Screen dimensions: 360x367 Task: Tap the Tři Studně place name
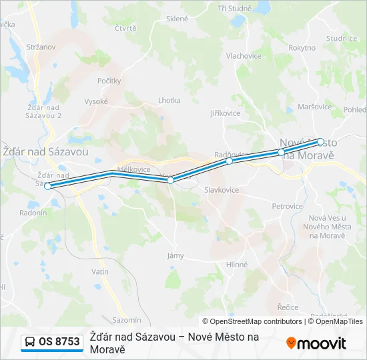(235, 8)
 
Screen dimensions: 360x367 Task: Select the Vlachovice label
(244, 56)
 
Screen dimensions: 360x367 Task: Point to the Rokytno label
(302, 47)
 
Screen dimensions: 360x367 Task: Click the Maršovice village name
(315, 107)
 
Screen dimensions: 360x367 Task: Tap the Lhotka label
(169, 101)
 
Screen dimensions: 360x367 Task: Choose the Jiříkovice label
(226, 113)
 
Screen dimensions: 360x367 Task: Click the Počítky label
(109, 81)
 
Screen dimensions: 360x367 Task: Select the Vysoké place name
(96, 101)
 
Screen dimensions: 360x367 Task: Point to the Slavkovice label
(222, 190)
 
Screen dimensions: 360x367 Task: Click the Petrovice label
(288, 207)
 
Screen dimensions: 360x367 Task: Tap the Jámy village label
(175, 255)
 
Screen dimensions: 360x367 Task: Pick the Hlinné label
(237, 265)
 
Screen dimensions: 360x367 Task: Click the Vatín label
(100, 272)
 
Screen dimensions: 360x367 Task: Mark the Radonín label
(33, 213)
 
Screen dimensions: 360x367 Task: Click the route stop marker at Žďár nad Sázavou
(47, 186)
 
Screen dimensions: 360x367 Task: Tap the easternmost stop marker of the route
(320, 141)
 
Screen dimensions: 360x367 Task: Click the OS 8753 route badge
(52, 342)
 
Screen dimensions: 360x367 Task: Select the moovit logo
(316, 343)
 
